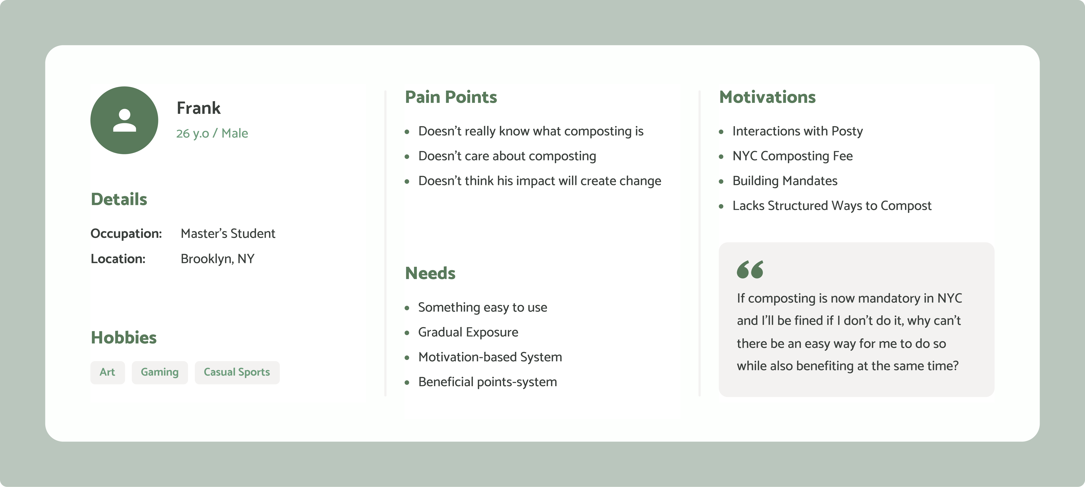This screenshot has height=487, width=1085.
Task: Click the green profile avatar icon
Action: point(124,120)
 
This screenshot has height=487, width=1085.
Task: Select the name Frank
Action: point(198,108)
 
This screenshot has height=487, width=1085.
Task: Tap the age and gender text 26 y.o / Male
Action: point(212,133)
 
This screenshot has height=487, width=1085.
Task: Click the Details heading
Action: point(119,199)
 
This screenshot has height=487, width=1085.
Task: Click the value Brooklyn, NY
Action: point(217,259)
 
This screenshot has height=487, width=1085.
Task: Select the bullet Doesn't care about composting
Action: point(507,156)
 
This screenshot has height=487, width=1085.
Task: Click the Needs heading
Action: point(430,273)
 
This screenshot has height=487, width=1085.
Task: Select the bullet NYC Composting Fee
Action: point(792,156)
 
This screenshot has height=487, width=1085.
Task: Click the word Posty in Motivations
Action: point(847,131)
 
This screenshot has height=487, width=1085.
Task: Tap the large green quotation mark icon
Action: point(750,269)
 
